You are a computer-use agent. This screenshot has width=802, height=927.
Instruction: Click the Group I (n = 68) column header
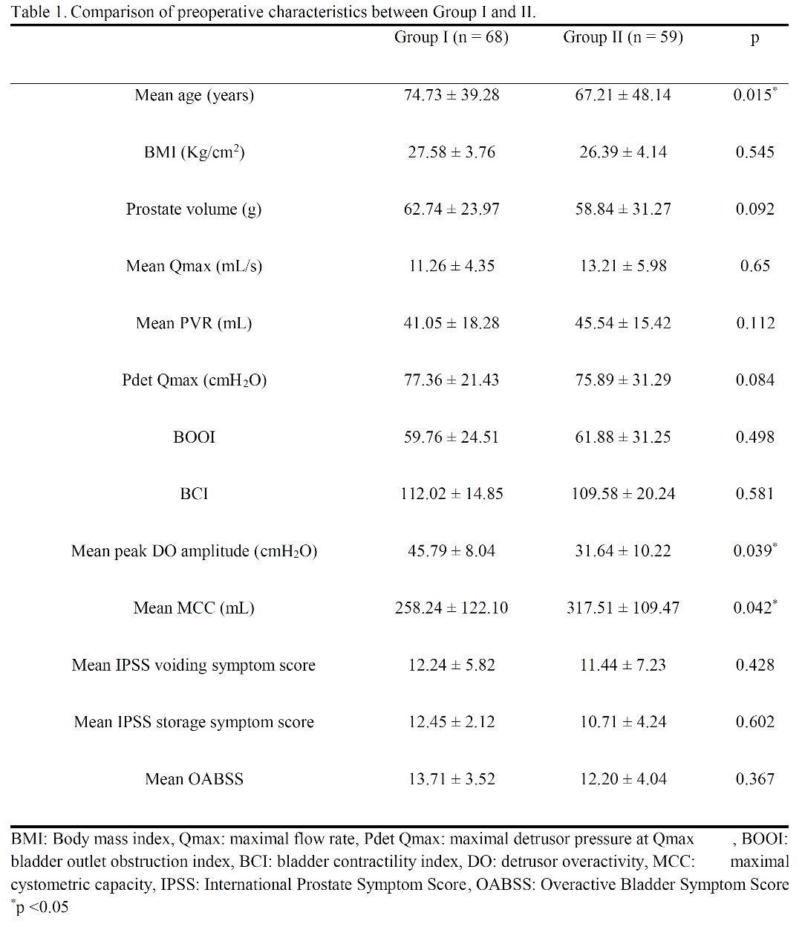click(x=451, y=37)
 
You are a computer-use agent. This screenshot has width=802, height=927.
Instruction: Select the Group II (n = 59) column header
click(x=623, y=37)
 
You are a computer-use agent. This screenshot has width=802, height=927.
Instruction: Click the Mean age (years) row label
click(x=194, y=96)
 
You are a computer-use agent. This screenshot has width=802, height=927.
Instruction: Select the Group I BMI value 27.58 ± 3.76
click(x=451, y=152)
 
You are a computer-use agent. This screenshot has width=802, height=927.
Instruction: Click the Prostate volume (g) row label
click(x=194, y=209)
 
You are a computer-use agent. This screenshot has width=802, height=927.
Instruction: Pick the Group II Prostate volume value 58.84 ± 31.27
click(x=623, y=209)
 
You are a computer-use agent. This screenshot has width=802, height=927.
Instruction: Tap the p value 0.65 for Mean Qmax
click(x=755, y=266)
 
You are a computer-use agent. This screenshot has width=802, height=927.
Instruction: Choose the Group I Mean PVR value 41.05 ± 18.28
click(x=451, y=323)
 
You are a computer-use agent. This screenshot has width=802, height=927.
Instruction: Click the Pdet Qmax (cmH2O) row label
click(x=194, y=380)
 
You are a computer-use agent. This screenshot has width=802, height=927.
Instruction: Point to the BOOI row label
click(x=194, y=437)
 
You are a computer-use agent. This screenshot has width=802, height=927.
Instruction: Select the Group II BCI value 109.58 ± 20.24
click(x=623, y=494)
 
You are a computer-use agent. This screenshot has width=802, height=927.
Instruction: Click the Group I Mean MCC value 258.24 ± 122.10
click(x=451, y=608)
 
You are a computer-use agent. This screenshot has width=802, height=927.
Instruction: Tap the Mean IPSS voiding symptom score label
click(x=194, y=665)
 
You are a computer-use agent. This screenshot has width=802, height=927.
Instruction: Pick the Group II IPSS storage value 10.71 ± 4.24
click(x=623, y=721)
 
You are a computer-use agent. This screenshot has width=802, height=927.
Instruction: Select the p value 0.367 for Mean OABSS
click(x=755, y=778)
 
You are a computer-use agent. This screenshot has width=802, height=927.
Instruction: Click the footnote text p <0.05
click(x=39, y=906)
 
